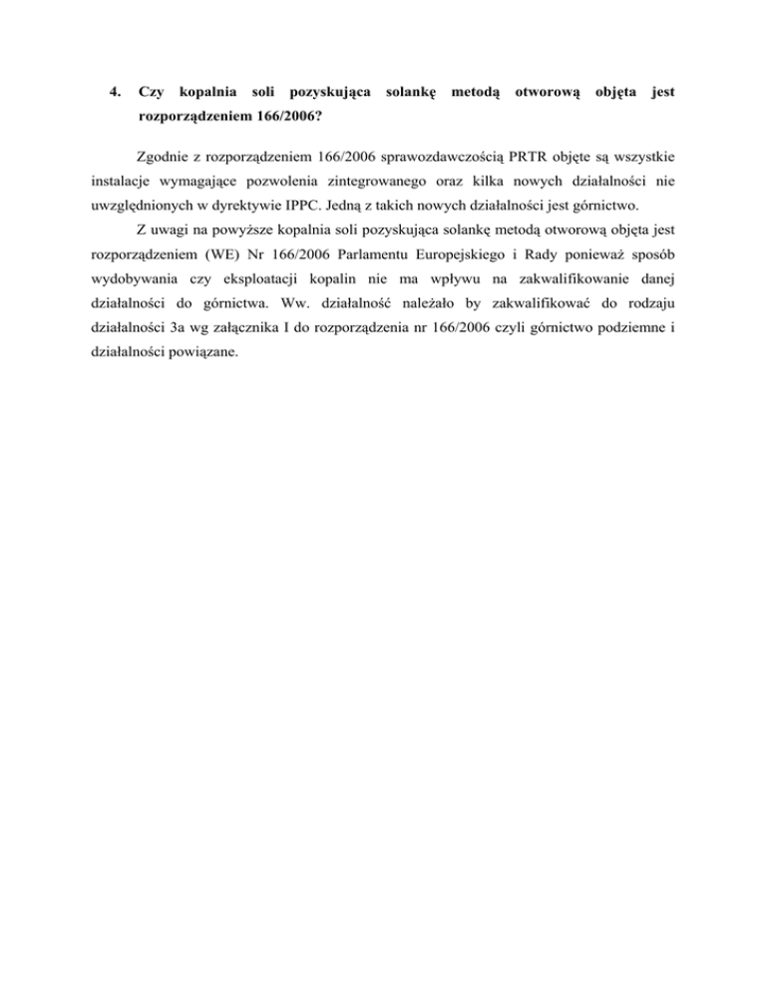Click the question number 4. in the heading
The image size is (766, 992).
click(115, 93)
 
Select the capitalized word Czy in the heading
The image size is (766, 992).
click(151, 93)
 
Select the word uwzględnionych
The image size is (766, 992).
click(132, 207)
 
